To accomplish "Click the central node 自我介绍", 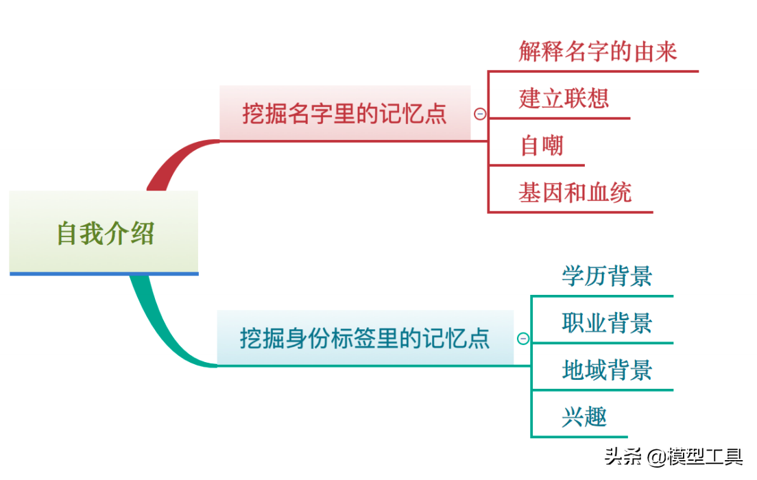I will [104, 233].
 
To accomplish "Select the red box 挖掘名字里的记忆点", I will [344, 113].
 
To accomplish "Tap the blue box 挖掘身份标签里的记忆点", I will [365, 337].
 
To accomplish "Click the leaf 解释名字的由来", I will [598, 51].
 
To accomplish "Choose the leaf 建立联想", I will [564, 99].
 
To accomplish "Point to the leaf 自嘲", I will [542, 145].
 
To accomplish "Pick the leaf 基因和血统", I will [575, 193].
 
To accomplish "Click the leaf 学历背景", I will [607, 276].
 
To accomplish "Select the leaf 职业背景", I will [607, 323].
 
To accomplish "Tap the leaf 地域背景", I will [607, 370].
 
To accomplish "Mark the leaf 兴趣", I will [584, 417].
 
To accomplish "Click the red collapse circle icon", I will [480, 114].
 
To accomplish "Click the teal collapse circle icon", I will [523, 338].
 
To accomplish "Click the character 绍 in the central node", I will [142, 233].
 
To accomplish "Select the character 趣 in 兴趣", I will [596, 417].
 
